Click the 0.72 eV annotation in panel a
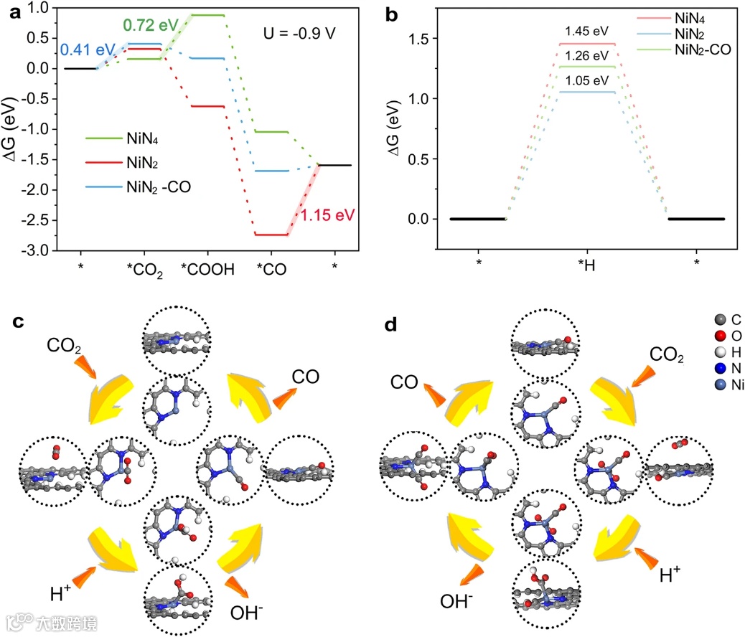[x=151, y=26]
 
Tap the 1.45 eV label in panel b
[x=586, y=32]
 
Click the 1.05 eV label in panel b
[x=586, y=80]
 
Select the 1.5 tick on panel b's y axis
[x=419, y=39]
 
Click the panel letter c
[x=20, y=324]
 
